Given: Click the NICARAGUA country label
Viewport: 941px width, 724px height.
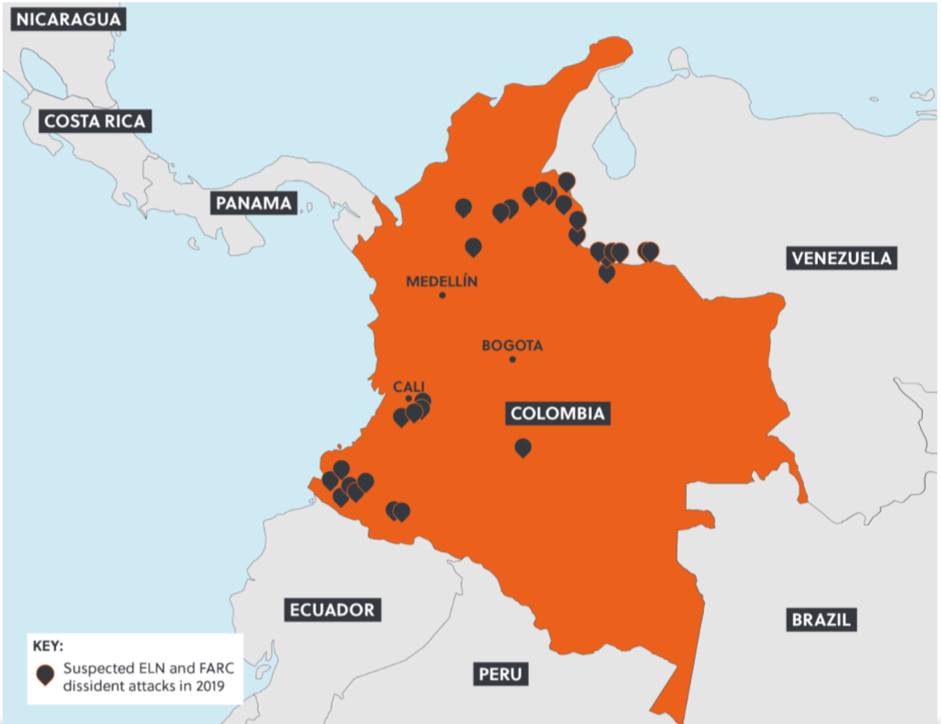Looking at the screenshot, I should (x=67, y=19).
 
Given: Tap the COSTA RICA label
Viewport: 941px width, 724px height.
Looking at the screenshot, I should (x=95, y=120).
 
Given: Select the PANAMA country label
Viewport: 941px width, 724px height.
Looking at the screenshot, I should (x=254, y=202).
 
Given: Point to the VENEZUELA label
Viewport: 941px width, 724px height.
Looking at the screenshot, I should (x=841, y=258).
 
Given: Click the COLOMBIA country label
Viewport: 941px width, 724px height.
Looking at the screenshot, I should (x=557, y=413).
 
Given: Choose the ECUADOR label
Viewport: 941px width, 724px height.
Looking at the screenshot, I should (x=332, y=610).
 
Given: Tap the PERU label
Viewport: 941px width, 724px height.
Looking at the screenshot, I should (x=501, y=674).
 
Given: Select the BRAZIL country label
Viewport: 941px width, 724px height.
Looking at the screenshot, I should (x=821, y=619).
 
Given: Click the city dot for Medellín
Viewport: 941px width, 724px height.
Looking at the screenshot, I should (x=442, y=295).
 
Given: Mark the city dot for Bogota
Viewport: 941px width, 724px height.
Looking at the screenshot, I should (x=512, y=359).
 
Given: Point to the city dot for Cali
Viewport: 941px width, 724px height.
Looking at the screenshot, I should (x=408, y=398).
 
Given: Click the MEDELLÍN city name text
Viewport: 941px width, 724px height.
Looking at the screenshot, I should (x=441, y=281).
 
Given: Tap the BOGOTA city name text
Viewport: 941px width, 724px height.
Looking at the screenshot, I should (x=512, y=346).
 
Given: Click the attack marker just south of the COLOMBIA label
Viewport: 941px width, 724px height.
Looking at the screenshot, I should (x=522, y=447).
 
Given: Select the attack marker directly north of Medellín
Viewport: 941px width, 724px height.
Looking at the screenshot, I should (x=473, y=246).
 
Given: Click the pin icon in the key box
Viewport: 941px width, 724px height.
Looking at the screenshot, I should (x=45, y=674).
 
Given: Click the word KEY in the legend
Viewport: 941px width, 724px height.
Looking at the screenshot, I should (x=47, y=646).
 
